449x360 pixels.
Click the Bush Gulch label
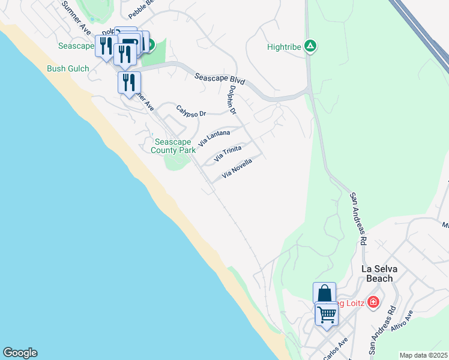point(68,68)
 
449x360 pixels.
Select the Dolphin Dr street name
point(233,100)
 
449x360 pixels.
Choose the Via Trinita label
point(228,154)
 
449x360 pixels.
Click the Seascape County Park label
point(173,146)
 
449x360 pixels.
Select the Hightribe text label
point(285,46)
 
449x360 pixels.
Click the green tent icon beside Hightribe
point(310,46)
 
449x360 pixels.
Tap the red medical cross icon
point(374,301)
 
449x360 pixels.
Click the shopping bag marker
point(324,293)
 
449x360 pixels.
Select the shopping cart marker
point(327,314)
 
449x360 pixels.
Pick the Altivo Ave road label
point(402,322)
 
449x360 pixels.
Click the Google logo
point(20,353)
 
